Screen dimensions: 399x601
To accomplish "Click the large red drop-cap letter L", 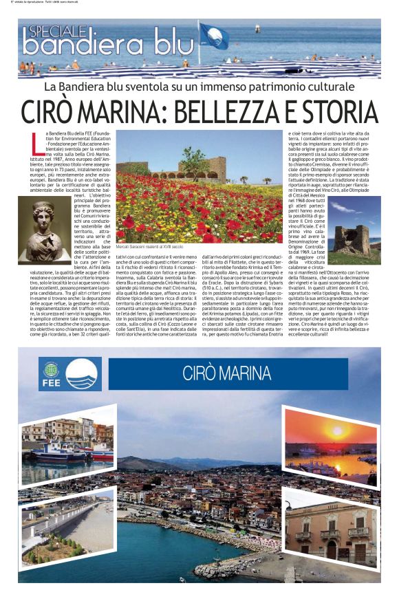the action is [x=37, y=142].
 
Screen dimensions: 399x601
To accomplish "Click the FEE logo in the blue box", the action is [x=50, y=373].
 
